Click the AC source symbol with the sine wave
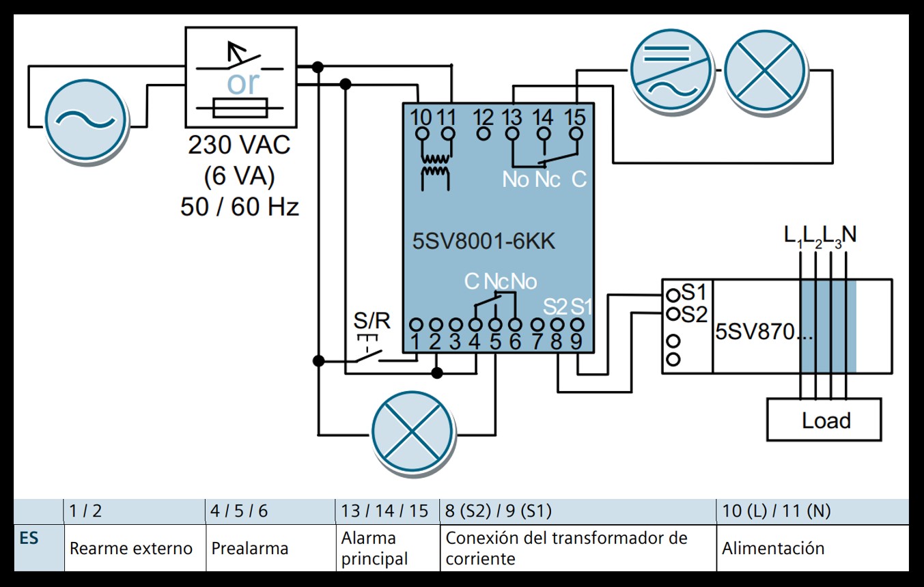click(x=86, y=119)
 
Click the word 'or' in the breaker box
click(x=243, y=83)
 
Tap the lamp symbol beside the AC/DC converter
click(x=764, y=70)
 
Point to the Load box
click(x=824, y=420)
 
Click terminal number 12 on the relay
click(x=484, y=117)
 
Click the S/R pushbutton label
click(x=372, y=321)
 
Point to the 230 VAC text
click(x=239, y=145)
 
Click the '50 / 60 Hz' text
click(x=239, y=206)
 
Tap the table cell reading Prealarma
click(x=250, y=548)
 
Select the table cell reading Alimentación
click(x=773, y=548)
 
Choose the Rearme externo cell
click(x=131, y=548)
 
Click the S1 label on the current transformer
click(x=694, y=292)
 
